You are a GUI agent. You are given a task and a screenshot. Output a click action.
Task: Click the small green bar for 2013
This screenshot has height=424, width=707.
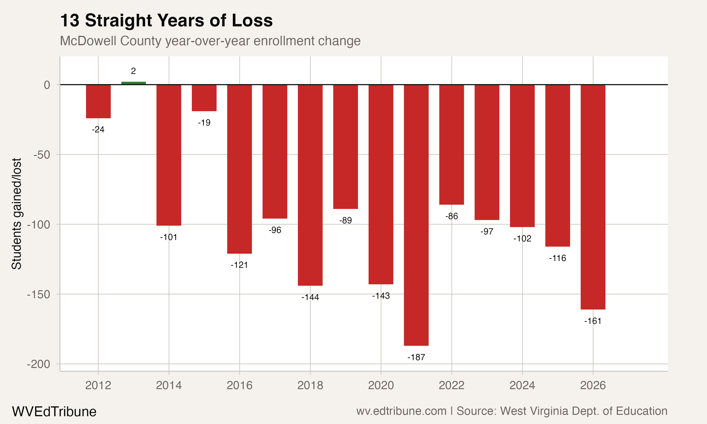(133, 83)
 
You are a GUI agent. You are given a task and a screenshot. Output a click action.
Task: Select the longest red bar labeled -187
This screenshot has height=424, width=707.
(416, 215)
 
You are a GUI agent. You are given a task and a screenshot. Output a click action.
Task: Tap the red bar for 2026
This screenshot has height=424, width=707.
(593, 197)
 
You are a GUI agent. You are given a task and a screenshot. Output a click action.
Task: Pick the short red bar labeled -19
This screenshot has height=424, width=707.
(204, 98)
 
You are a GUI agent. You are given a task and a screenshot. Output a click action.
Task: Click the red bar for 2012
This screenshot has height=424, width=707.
(98, 102)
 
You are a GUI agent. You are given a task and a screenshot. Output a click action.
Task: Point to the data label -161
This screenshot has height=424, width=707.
(593, 321)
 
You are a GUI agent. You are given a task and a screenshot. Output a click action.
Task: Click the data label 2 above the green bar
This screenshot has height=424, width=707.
(133, 71)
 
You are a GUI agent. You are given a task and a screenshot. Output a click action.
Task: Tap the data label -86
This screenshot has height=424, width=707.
(452, 216)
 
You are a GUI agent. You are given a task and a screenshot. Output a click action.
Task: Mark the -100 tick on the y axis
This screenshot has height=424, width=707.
(39, 224)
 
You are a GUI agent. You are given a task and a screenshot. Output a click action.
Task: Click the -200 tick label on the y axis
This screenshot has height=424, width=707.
(39, 364)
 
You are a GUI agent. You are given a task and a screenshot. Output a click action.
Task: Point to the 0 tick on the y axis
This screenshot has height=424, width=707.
(47, 85)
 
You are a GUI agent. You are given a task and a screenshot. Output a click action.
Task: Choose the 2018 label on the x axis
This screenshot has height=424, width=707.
(310, 385)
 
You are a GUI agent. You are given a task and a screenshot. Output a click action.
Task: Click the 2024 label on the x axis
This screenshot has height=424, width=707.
(522, 385)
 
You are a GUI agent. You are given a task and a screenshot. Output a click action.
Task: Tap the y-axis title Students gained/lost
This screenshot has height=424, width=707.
(16, 214)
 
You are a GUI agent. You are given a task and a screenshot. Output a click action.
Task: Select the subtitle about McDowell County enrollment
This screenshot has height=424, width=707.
(210, 41)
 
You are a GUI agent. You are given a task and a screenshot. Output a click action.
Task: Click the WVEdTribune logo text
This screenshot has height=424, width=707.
(54, 412)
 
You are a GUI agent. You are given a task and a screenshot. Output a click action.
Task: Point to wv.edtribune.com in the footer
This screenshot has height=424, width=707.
(401, 411)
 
